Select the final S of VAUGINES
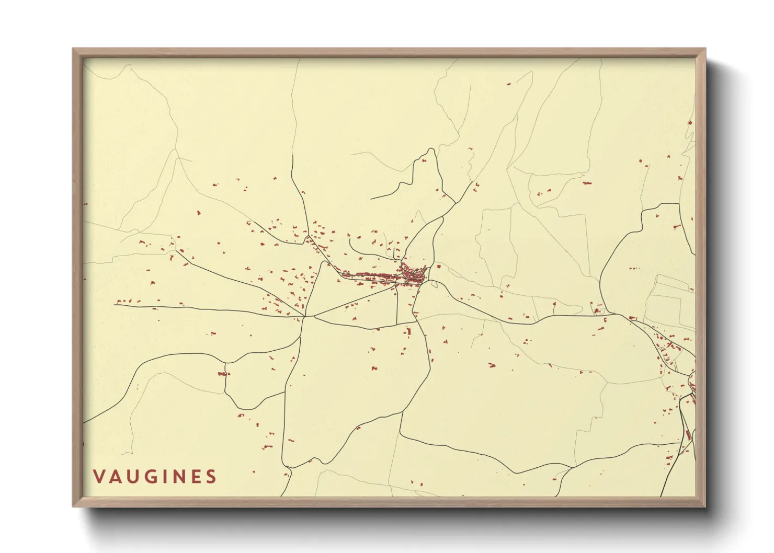point(211,477)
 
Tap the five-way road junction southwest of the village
point(305,316)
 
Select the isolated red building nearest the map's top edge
point(508,84)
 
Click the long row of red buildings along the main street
point(371,277)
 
